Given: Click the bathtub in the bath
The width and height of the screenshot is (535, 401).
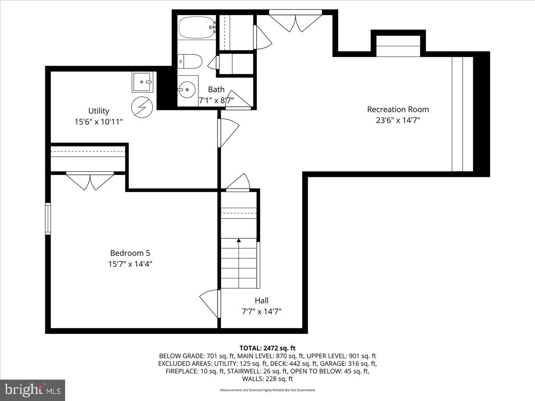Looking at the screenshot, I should pos(196,28).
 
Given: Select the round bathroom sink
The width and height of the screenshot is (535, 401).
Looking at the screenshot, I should pos(187,90).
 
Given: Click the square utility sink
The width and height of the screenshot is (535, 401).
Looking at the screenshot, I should pos(143,82).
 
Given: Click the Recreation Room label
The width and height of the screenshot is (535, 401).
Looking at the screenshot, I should pos(398,109).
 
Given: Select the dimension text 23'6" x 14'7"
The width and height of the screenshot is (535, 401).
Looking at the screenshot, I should pos(398,120).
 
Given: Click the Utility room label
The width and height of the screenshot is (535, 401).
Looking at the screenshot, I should pos(99,111).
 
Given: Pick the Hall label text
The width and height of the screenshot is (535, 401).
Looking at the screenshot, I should pos(262,300).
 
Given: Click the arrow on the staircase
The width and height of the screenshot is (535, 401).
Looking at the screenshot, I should pos(239,241).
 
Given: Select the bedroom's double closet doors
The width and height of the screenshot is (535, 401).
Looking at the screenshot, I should pos(90,180).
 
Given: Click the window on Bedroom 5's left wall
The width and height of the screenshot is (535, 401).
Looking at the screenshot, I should pos(48,218).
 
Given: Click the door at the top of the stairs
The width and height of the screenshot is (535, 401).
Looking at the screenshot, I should pos(238,183).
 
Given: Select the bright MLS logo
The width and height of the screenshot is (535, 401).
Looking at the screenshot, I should pos(33,390).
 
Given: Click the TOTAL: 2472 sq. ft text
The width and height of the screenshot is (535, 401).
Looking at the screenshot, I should pos(267,348).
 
